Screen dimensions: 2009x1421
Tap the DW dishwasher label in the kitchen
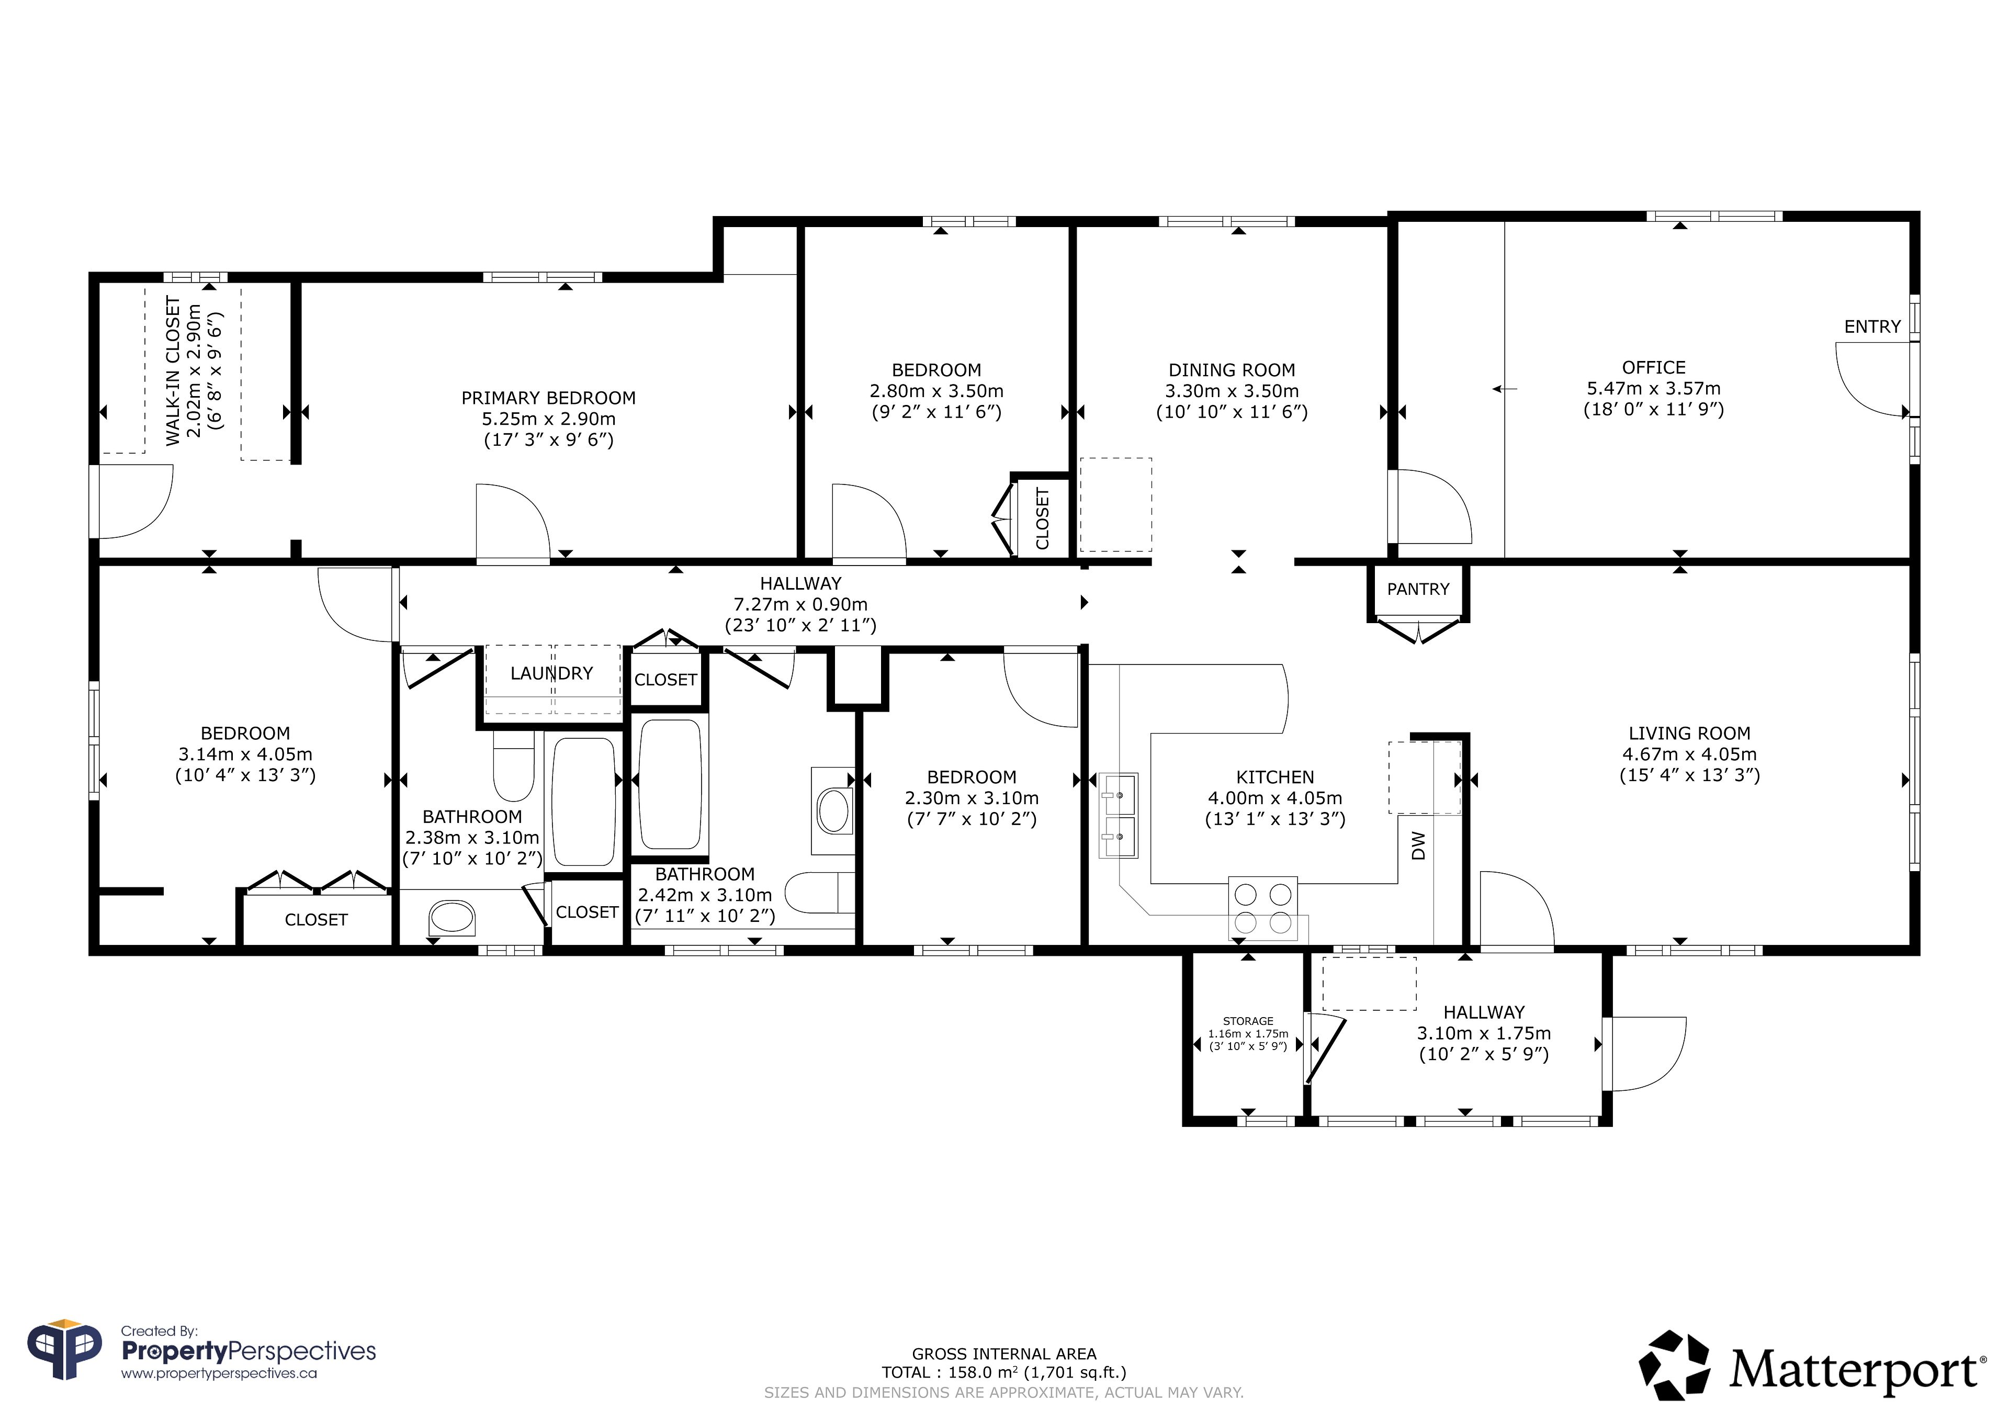point(1418,845)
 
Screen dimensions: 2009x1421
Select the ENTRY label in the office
point(1872,326)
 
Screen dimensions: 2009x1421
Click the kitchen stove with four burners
point(1262,907)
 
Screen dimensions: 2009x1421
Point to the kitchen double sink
point(1118,816)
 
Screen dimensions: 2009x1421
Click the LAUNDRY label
point(551,673)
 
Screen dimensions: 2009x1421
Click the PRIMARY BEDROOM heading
point(549,398)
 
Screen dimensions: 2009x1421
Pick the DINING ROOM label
point(1232,370)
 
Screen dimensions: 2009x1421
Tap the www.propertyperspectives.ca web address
point(219,1374)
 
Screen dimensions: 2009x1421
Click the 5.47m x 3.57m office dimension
point(1654,389)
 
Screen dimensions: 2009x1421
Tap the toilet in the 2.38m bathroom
point(514,766)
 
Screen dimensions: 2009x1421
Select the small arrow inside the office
point(1505,389)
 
